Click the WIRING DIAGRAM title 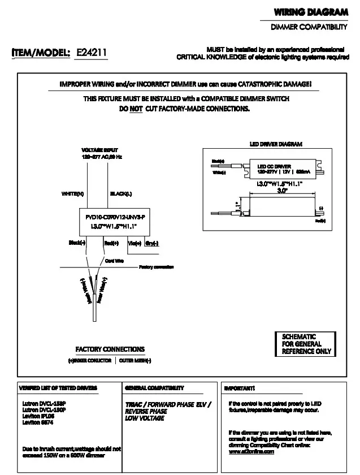point(311,12)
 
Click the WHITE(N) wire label point(73,194)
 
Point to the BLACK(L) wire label point(121,194)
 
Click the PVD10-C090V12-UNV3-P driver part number point(115,217)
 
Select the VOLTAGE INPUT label point(96,150)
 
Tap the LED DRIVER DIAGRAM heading point(276,144)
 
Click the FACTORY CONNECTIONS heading point(110,349)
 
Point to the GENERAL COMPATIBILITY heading point(154,388)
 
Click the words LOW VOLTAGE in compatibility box point(145,418)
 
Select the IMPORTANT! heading point(240,388)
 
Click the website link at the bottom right point(251,452)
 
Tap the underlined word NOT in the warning point(136,109)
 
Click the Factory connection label point(156,267)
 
